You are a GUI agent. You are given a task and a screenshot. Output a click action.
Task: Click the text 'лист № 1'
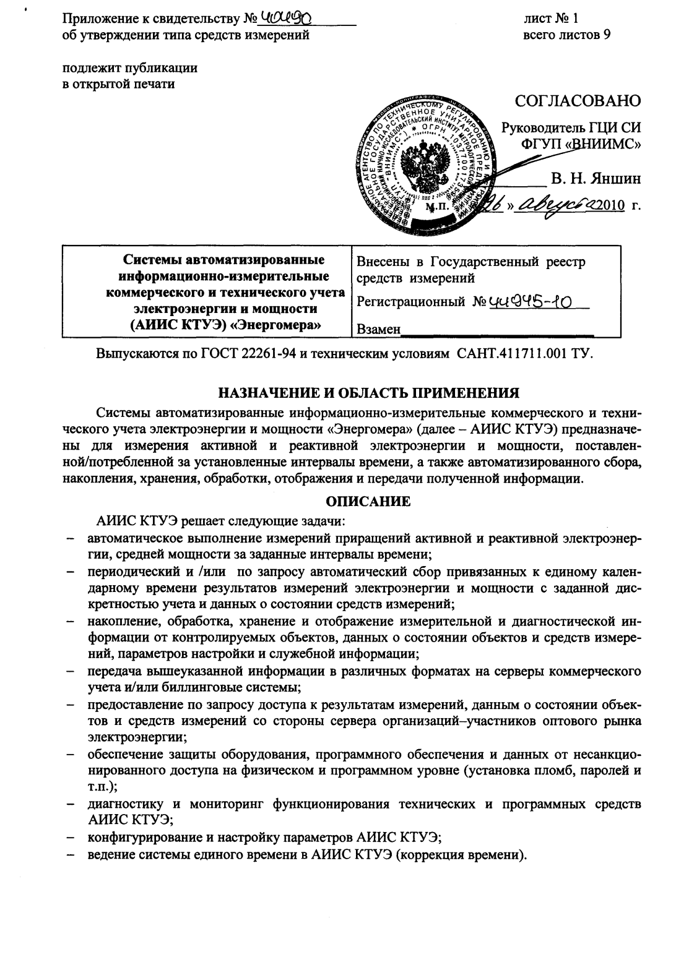[x=550, y=19]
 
